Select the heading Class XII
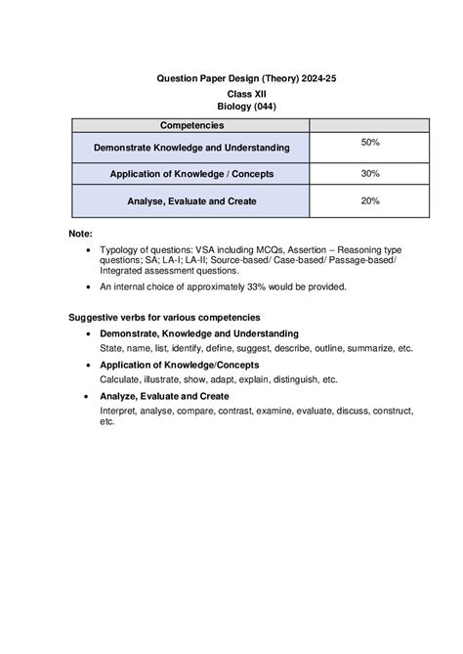pos(231,94)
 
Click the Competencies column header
pos(190,125)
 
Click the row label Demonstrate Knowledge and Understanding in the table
pos(190,148)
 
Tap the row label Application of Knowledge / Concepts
pos(190,174)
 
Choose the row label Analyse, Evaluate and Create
pos(190,201)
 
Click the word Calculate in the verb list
pos(122,379)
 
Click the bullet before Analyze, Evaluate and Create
pos(90,397)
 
